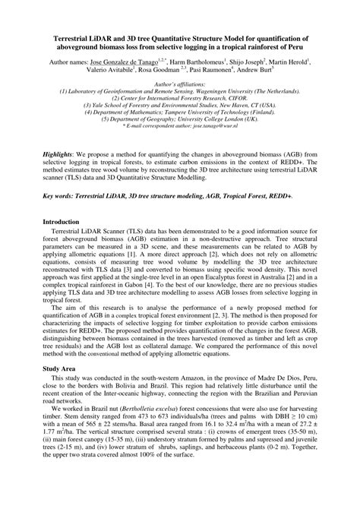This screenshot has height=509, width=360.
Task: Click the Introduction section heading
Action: (x=64, y=221)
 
